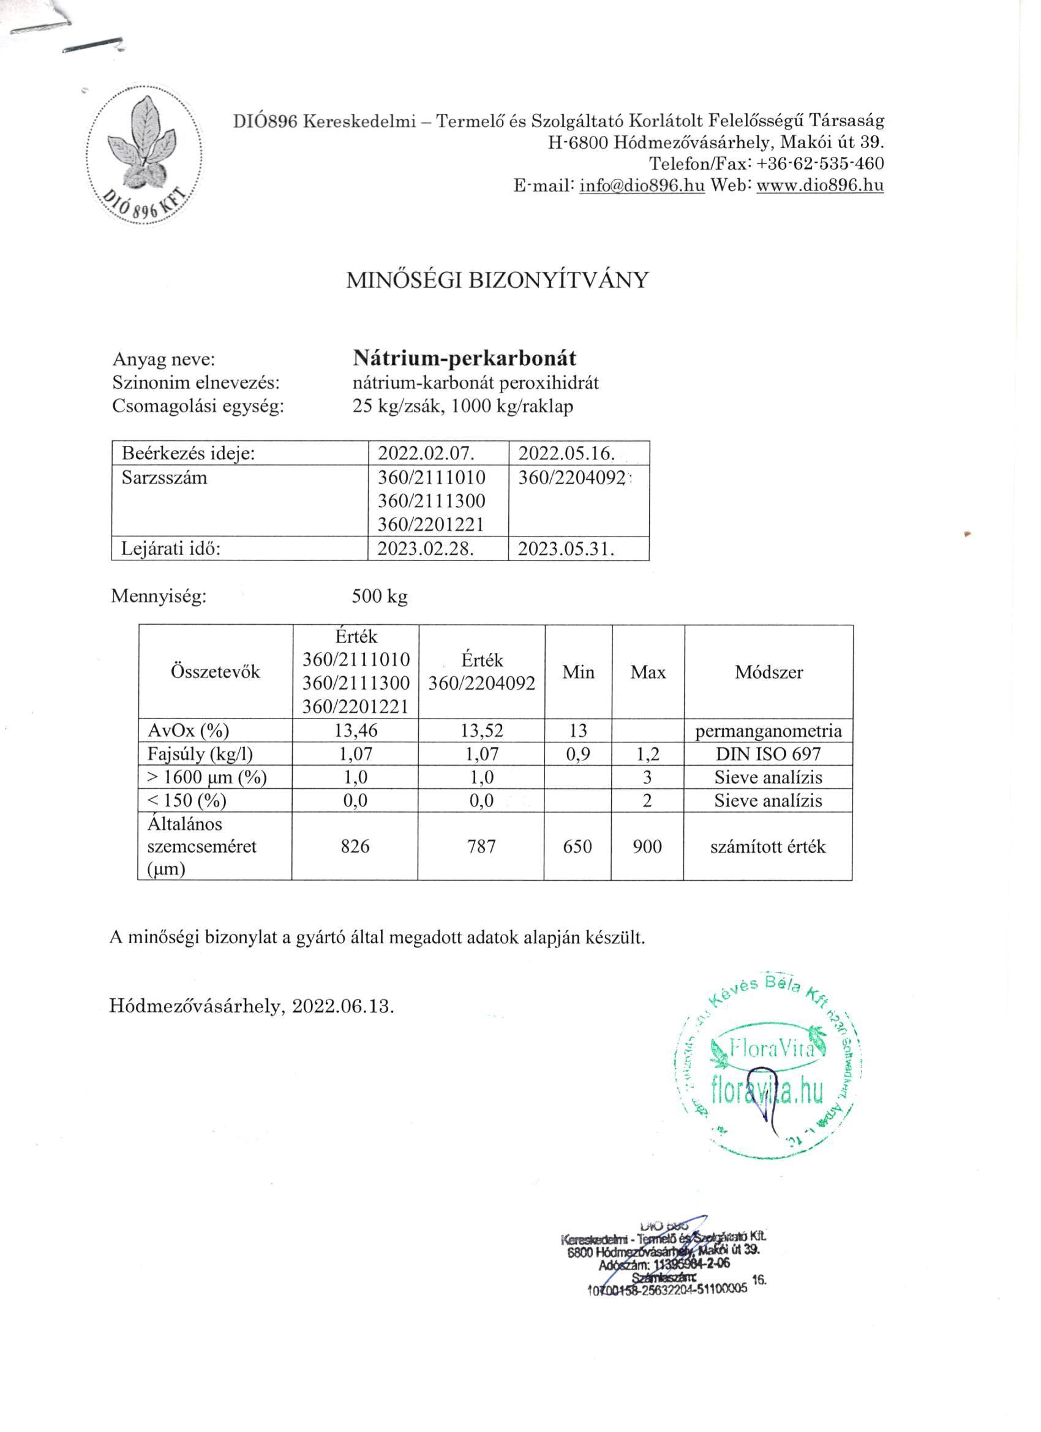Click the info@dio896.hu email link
[x=641, y=186]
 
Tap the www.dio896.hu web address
[x=819, y=186]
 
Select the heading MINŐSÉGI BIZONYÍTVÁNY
[x=497, y=281]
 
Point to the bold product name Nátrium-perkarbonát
[x=464, y=359]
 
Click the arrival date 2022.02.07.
[x=426, y=453]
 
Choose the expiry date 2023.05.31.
[x=566, y=549]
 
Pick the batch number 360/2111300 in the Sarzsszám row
[x=432, y=502]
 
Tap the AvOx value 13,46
[x=355, y=731]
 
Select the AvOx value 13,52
[x=482, y=731]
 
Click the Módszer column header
[x=769, y=672]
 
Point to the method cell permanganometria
[x=769, y=731]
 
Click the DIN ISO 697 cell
[x=769, y=754]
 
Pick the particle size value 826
[x=355, y=846]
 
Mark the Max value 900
[x=647, y=846]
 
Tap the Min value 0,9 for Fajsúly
[x=578, y=754]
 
